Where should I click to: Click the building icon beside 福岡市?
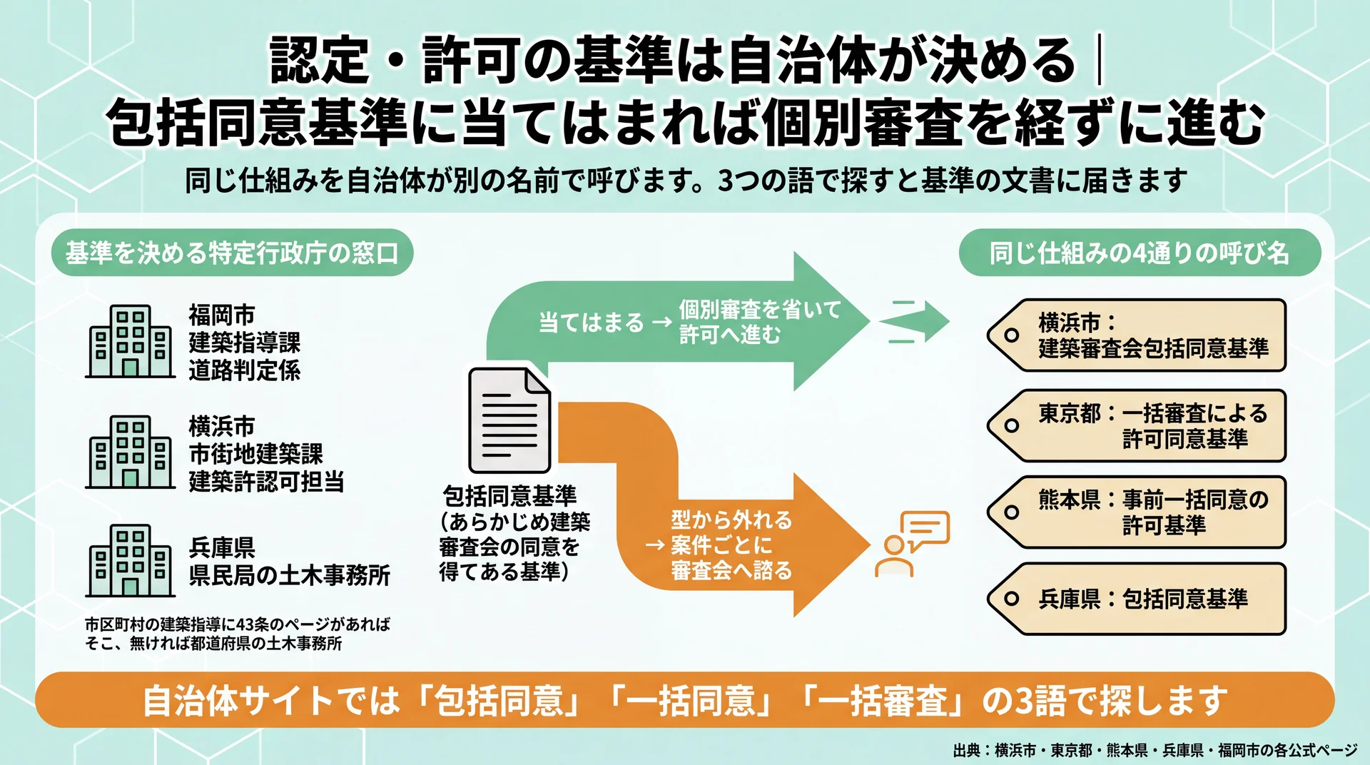coord(131,341)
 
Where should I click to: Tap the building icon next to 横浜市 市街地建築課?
coord(131,452)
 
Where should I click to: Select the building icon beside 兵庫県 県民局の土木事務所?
coord(131,561)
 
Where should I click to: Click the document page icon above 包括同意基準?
coord(509,420)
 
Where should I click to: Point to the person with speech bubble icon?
coord(912,544)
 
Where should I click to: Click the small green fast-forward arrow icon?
coord(915,321)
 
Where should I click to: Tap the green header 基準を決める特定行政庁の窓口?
coord(232,253)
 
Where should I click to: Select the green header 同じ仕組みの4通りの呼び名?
coord(1140,253)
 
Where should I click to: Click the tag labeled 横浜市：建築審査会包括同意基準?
coord(1137,335)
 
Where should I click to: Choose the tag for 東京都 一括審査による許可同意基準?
coord(1137,426)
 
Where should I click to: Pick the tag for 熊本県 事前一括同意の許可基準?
coord(1137,512)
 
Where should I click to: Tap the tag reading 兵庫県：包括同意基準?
coord(1137,599)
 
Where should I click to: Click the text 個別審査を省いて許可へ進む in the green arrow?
coord(760,322)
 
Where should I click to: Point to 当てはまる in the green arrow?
coord(591,323)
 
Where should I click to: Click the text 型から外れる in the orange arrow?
coord(731,520)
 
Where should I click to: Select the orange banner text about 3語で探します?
coord(685,700)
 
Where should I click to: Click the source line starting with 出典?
coord(1155,751)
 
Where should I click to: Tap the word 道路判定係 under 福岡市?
coord(245,370)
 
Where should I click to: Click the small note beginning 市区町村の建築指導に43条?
coord(238,634)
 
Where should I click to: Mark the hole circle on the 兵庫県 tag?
coord(1011,599)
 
